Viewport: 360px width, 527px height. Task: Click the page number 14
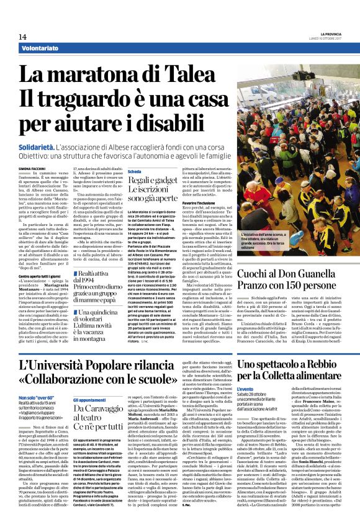22,37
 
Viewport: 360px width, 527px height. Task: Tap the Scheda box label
134,171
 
